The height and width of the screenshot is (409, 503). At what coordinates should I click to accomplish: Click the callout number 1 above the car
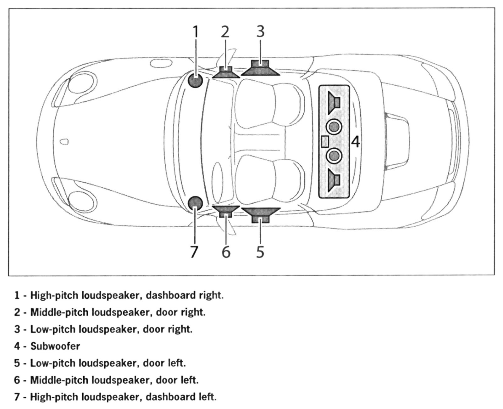[196, 32]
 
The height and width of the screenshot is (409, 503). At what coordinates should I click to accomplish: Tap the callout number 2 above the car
[225, 32]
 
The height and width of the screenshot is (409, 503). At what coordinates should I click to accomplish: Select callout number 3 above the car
[260, 31]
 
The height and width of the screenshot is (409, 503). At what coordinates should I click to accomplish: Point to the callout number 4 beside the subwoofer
[355, 142]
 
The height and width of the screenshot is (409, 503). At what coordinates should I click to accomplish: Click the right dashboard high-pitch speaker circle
[195, 81]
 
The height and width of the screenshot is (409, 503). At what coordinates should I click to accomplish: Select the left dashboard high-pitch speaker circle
[195, 203]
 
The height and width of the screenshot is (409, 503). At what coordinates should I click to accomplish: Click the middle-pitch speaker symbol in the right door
[225, 72]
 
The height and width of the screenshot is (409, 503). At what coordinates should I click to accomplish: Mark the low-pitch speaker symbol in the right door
[260, 68]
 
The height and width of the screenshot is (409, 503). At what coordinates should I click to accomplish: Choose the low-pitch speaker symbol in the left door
[260, 214]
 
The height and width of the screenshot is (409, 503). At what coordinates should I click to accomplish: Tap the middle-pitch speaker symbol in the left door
[225, 210]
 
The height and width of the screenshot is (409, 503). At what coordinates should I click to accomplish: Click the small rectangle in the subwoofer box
[325, 141]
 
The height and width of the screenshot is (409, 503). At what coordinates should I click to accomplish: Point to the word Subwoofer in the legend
[55, 346]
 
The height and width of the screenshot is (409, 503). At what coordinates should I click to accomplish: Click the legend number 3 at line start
[17, 329]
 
